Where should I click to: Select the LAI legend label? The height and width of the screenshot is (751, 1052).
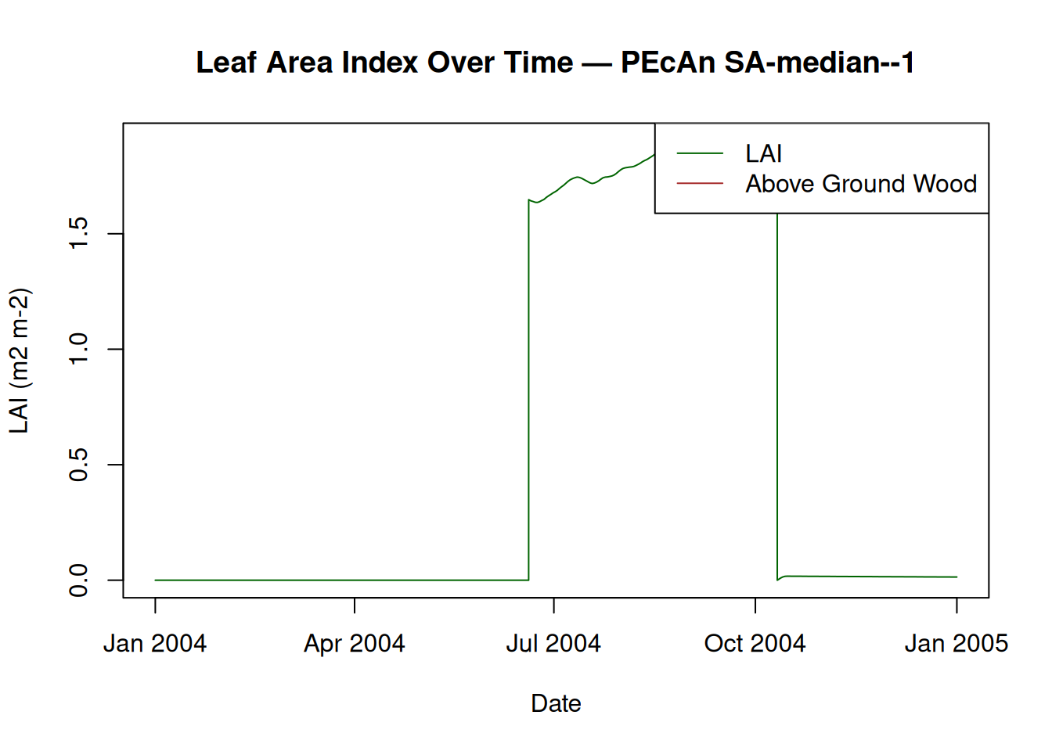click(763, 154)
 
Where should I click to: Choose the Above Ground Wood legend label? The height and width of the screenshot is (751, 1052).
click(861, 184)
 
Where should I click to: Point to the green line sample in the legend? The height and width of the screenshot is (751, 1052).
click(700, 153)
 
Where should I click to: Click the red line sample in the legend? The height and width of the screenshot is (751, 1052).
click(700, 183)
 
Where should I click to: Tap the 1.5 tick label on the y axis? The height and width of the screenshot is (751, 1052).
click(79, 233)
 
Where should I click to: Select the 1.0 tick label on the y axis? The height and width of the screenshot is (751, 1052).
click(79, 349)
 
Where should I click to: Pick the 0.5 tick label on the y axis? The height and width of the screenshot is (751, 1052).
click(79, 465)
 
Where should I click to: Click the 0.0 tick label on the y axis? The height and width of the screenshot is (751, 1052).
click(79, 580)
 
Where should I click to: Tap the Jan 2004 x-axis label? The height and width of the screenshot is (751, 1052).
click(155, 644)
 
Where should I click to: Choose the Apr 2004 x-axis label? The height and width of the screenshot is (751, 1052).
click(355, 644)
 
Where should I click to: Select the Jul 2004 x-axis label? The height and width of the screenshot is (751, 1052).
click(553, 644)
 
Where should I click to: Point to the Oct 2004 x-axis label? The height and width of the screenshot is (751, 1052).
click(755, 644)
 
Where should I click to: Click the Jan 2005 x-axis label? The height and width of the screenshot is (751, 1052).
click(956, 644)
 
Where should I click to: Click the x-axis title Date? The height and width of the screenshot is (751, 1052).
click(556, 703)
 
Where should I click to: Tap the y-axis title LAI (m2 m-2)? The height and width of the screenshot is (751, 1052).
click(19, 361)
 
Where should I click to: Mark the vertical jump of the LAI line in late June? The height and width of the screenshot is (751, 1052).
click(529, 391)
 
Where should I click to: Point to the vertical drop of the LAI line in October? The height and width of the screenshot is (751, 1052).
click(777, 391)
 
